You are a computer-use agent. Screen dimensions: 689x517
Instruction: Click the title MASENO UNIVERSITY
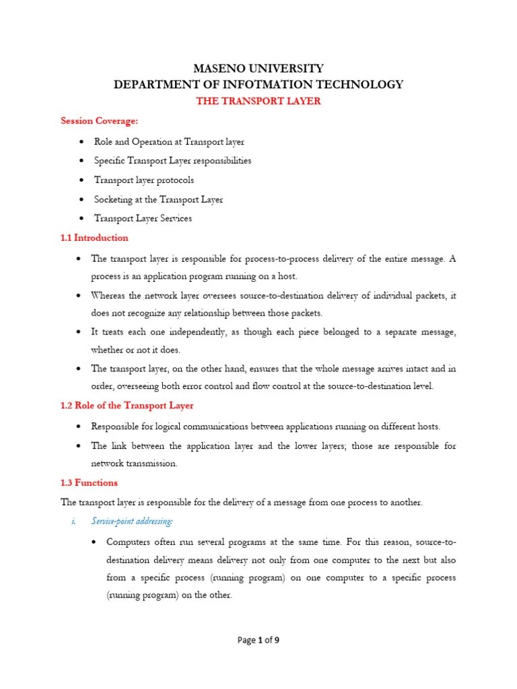coord(258,69)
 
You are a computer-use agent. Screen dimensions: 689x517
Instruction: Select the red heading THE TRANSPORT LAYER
coord(258,102)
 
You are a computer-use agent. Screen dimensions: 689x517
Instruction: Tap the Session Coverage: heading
coord(92,121)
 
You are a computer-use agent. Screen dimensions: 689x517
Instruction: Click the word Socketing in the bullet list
coord(113,199)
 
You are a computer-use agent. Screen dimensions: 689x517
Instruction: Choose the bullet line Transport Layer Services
coord(143,218)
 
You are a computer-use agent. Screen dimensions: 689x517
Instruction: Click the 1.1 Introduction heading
coord(94,238)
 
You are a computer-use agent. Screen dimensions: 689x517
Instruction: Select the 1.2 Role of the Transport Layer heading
coord(127,406)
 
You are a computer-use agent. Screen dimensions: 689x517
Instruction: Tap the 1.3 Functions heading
coord(89,482)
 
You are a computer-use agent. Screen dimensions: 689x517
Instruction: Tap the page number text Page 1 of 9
coord(258,641)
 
